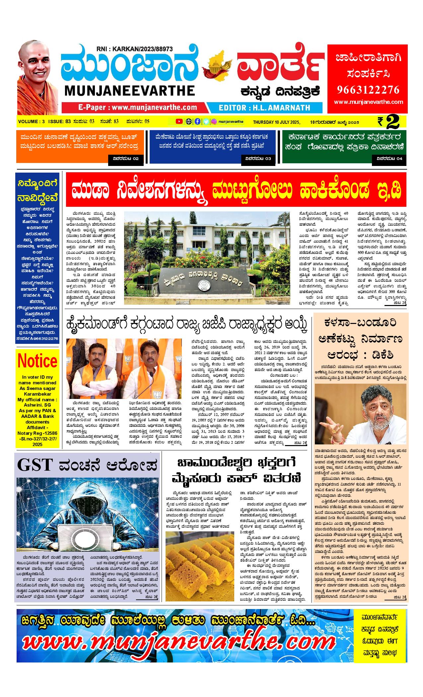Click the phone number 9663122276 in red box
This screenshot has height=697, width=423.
tap(368, 90)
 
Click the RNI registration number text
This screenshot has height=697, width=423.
tap(135, 49)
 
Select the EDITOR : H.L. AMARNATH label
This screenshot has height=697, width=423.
tap(264, 108)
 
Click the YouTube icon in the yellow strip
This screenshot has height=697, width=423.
tap(179, 121)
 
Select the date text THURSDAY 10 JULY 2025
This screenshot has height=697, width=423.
tap(276, 122)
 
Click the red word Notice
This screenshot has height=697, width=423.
tap(37, 360)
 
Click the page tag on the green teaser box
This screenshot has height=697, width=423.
tap(391, 159)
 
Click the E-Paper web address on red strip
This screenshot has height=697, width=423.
tap(138, 108)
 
